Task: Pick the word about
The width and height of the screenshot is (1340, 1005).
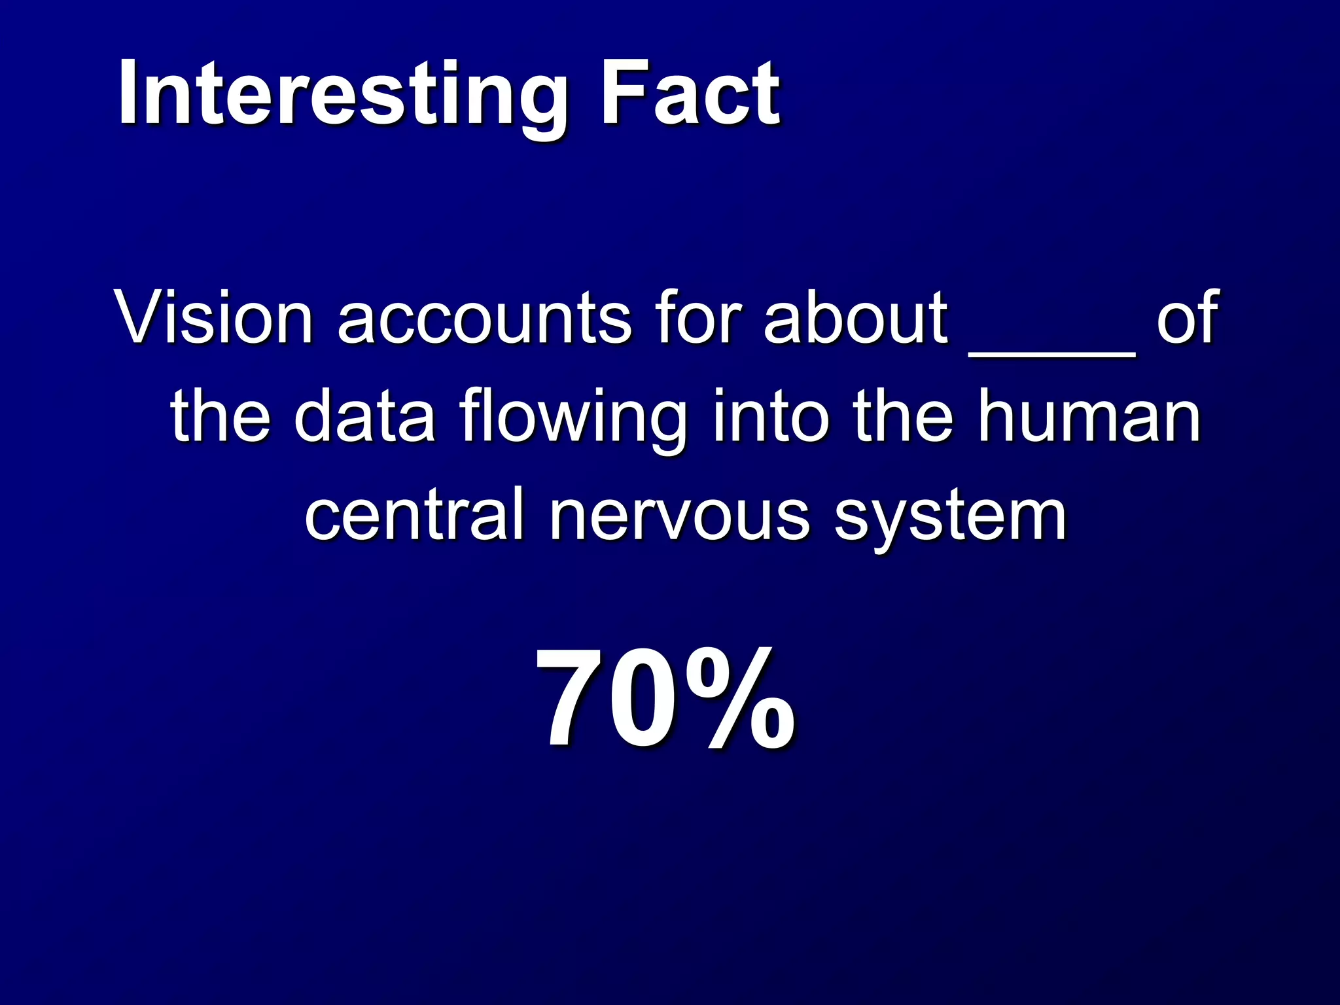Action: click(856, 318)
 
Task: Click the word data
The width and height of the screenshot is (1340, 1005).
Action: click(365, 416)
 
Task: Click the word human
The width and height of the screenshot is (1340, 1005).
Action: click(1089, 416)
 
